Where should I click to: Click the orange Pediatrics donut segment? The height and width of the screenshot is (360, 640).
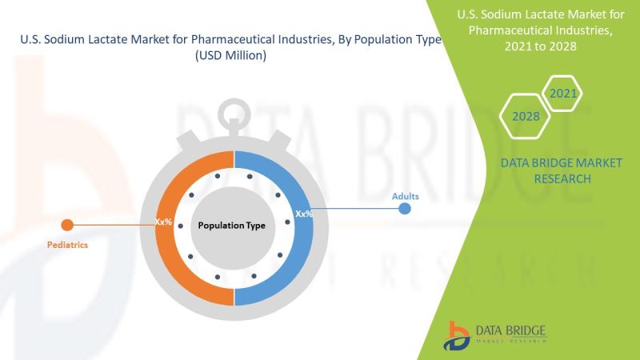(x=164, y=253)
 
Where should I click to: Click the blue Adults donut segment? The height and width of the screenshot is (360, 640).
(x=303, y=253)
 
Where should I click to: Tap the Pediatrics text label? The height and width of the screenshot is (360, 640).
(x=67, y=245)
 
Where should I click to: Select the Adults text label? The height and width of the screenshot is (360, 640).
(x=406, y=196)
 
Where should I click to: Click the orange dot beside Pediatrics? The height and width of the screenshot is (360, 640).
(x=67, y=225)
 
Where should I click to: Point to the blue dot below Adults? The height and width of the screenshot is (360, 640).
(x=405, y=209)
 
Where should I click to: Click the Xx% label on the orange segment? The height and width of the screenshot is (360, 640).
(x=163, y=222)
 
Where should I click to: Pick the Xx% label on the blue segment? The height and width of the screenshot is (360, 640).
(x=304, y=214)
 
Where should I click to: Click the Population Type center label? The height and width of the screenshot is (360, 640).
(x=231, y=226)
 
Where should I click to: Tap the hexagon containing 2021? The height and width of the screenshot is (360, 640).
(x=563, y=94)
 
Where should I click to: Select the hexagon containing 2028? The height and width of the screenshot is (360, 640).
(x=526, y=116)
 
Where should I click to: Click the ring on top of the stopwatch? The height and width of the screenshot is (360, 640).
(x=234, y=110)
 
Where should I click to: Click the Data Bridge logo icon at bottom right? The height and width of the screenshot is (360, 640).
(x=456, y=336)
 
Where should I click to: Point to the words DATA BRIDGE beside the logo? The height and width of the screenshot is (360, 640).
(x=510, y=330)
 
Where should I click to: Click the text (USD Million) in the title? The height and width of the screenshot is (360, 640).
(x=230, y=55)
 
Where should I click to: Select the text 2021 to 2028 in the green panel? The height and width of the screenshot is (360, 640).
(x=541, y=46)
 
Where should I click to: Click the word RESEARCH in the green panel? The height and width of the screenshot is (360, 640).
(x=562, y=178)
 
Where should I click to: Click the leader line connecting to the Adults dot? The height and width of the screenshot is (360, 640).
(x=356, y=209)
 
